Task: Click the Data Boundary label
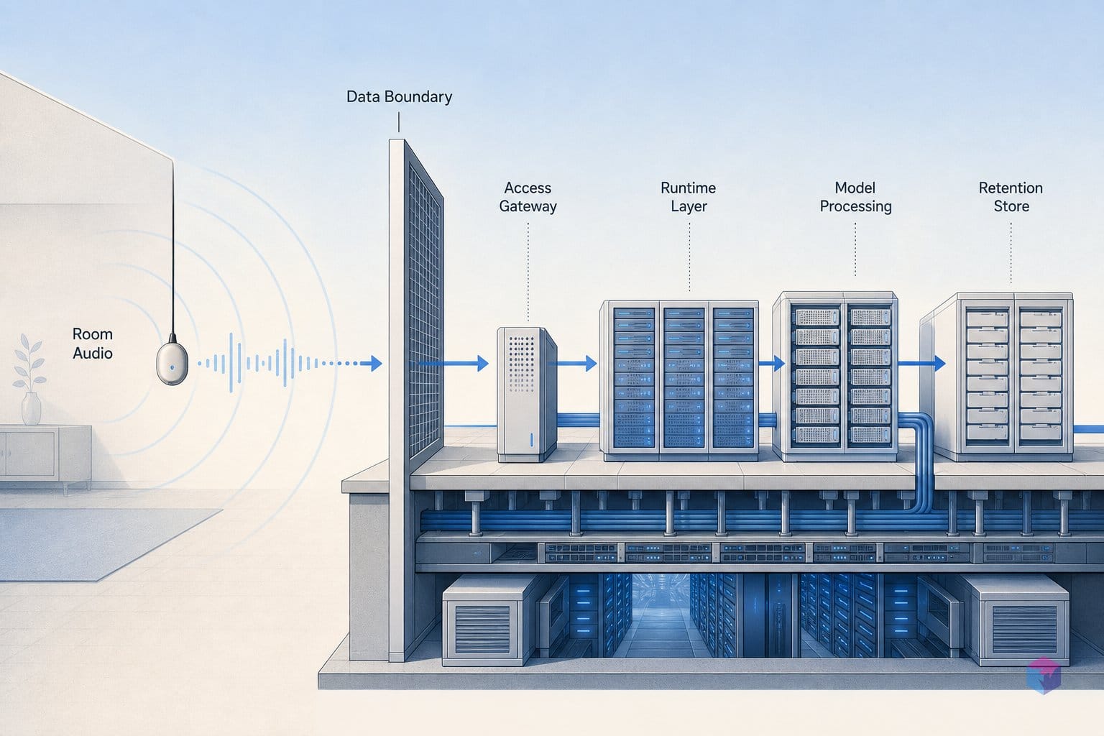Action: [399, 96]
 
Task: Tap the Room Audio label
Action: [93, 344]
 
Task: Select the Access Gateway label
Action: [528, 197]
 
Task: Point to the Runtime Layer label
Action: [689, 197]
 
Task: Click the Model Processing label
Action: [855, 197]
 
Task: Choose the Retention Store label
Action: [1011, 197]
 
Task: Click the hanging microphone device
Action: [172, 362]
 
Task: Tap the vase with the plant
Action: [30, 379]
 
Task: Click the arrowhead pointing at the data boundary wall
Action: [376, 363]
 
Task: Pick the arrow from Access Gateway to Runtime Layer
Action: [572, 363]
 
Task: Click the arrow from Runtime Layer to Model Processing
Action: [771, 363]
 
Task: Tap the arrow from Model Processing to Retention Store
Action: [921, 363]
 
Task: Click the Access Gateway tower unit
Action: [526, 395]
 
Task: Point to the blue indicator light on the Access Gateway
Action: [531, 439]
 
